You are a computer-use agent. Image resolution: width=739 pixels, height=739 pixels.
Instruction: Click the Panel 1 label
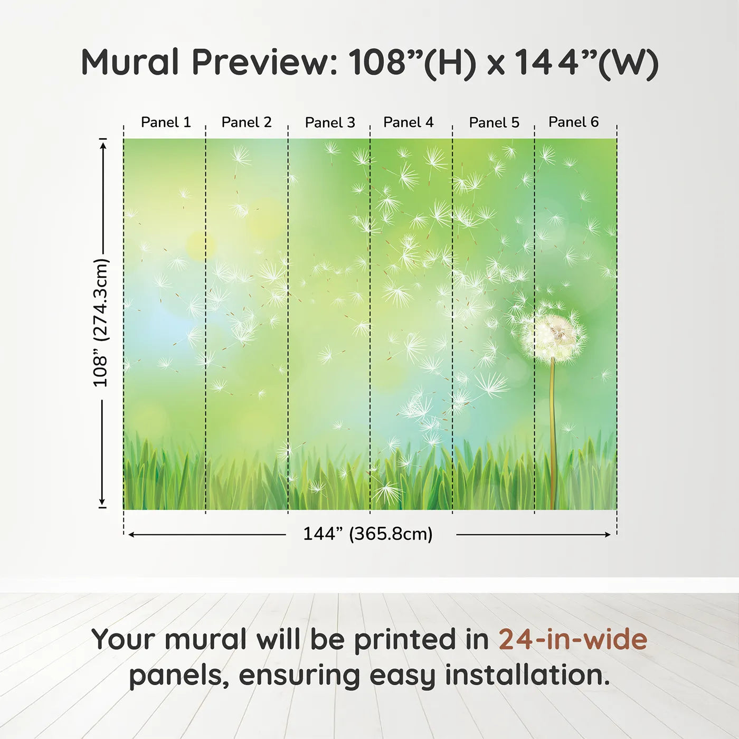pos(166,122)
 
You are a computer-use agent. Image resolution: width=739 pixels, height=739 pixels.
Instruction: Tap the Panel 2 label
pos(247,122)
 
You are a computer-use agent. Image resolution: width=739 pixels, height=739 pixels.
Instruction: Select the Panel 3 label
pos(330,122)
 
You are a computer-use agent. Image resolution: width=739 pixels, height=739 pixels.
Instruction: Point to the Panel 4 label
pos(408,122)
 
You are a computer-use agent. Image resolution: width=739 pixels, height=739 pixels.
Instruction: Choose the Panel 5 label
pos(494,122)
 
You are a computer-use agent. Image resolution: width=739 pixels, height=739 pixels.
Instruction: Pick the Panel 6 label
pos(573,122)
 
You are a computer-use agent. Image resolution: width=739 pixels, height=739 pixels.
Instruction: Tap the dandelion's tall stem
pos(553,433)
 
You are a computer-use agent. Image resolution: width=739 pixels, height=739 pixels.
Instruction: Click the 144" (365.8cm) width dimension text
pos(367,534)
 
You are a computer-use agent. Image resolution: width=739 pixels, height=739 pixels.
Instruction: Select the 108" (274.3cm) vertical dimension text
pos(100,323)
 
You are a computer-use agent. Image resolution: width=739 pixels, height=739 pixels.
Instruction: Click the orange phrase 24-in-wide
pos(573,639)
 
